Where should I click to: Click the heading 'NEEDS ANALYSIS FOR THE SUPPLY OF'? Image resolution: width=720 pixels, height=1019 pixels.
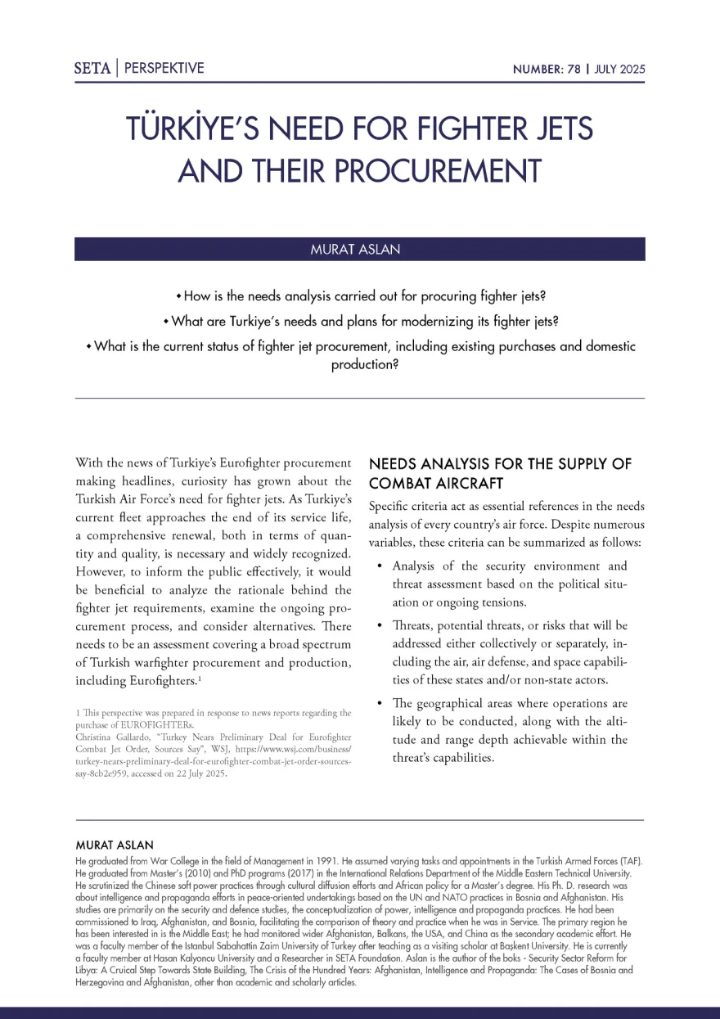point(501,464)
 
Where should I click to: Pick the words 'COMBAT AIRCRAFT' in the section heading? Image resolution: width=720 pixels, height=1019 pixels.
point(436,483)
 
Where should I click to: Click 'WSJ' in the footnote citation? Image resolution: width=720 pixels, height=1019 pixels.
point(282,748)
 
